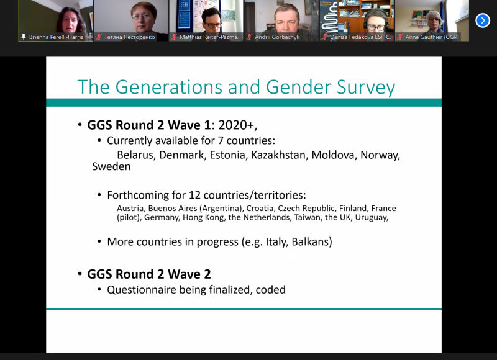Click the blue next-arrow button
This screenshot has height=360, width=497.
point(483,20)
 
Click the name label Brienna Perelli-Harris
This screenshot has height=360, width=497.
point(56,37)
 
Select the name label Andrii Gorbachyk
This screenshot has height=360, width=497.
point(277,37)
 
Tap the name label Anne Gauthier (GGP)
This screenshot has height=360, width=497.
point(432,37)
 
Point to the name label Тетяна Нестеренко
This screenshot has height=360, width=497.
point(129,37)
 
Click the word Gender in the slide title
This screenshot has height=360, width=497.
point(298,87)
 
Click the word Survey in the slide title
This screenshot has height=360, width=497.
point(366,88)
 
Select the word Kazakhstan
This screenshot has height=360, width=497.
point(280,155)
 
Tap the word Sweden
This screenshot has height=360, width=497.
point(111,166)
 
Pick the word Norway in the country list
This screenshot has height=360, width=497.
point(380,155)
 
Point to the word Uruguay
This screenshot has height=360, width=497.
point(372,217)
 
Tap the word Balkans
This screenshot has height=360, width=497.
point(312,242)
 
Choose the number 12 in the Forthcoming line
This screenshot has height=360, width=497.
point(194,195)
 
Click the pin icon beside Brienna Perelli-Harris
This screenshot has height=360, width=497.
point(24,37)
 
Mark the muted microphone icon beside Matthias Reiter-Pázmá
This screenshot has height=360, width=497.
point(174,37)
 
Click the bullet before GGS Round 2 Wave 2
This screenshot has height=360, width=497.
point(80,274)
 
